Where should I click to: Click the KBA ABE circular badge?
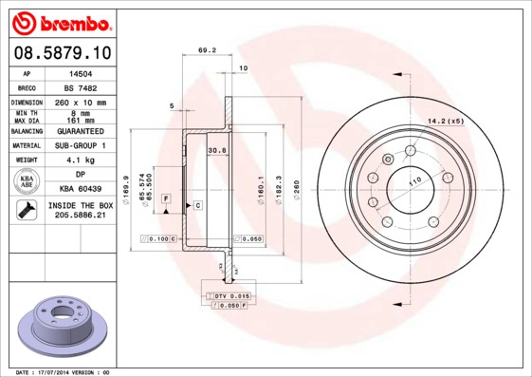tap(28, 182)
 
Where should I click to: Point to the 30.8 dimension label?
tap(216, 150)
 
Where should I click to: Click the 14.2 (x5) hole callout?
tap(445, 121)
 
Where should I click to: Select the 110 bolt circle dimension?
tap(414, 180)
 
